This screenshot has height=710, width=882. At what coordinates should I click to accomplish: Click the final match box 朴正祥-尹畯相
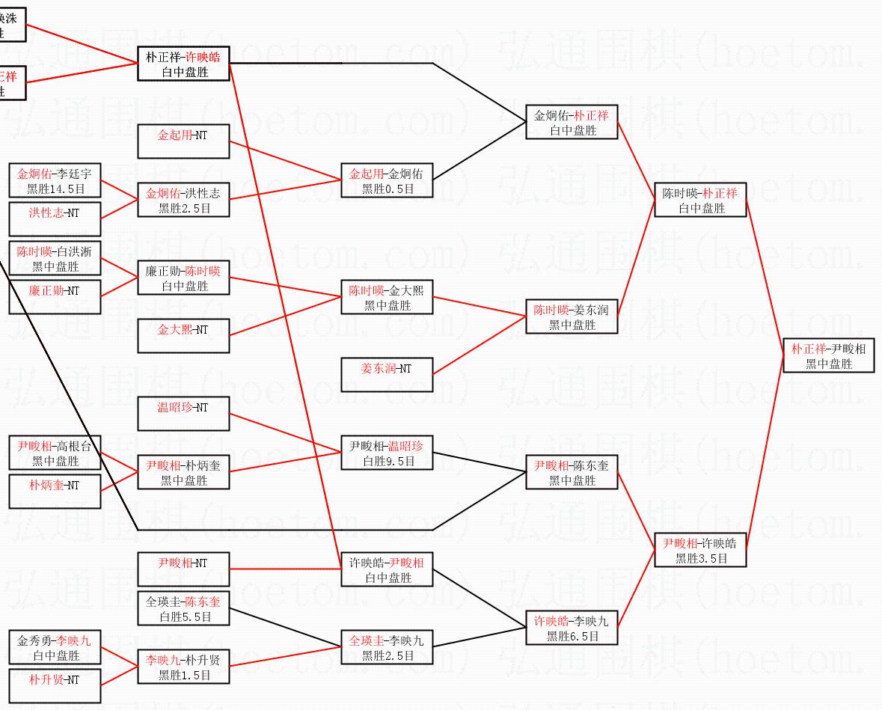click(x=828, y=356)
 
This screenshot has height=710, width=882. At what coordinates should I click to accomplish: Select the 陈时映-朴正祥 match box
click(x=700, y=201)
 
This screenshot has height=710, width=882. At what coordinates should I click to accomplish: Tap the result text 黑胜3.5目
click(x=701, y=558)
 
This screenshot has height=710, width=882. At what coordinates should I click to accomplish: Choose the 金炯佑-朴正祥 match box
click(x=572, y=123)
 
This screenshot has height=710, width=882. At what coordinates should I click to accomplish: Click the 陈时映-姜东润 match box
click(x=572, y=317)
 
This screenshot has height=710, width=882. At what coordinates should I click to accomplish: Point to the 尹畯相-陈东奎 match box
click(x=572, y=473)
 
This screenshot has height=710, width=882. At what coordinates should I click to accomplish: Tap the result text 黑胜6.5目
click(x=572, y=637)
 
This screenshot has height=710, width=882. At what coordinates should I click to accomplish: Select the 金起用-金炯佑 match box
click(x=387, y=181)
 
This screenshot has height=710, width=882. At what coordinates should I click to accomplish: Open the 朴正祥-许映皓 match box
click(x=183, y=64)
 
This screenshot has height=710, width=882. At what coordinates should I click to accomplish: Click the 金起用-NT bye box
click(x=183, y=142)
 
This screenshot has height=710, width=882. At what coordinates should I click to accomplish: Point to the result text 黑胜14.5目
click(x=55, y=189)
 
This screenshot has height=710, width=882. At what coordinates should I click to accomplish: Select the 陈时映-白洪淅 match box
click(x=55, y=259)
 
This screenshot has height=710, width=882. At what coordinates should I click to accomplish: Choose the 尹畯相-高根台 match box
click(x=55, y=453)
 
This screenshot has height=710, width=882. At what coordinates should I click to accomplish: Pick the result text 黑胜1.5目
click(x=184, y=676)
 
